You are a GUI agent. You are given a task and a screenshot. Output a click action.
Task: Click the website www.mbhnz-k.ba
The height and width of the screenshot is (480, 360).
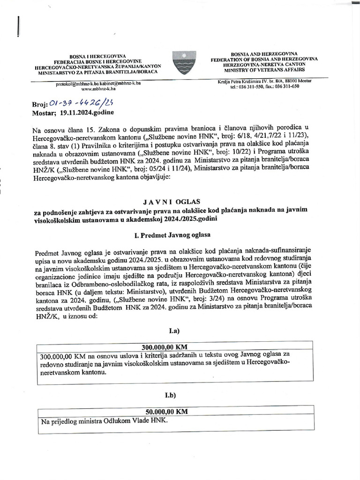(97, 89)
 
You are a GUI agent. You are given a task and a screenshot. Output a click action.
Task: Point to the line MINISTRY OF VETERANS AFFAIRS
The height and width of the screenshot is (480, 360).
(264, 69)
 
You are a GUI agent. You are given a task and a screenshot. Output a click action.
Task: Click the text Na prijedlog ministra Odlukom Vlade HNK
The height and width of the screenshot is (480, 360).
(104, 421)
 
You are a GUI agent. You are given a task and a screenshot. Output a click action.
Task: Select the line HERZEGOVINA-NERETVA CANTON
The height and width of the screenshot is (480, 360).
(264, 65)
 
